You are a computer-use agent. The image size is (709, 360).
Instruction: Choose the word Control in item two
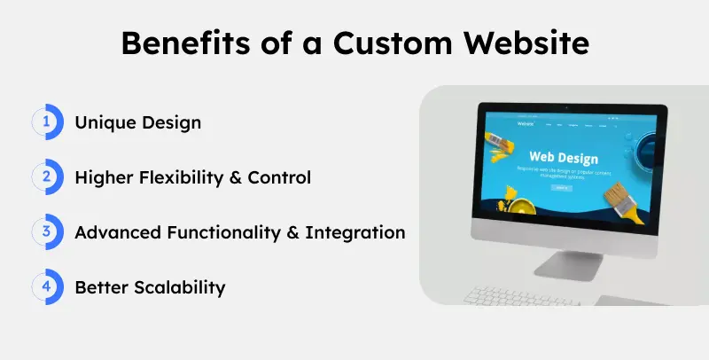point(279,177)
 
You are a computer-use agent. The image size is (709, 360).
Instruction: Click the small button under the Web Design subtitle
point(561,188)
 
